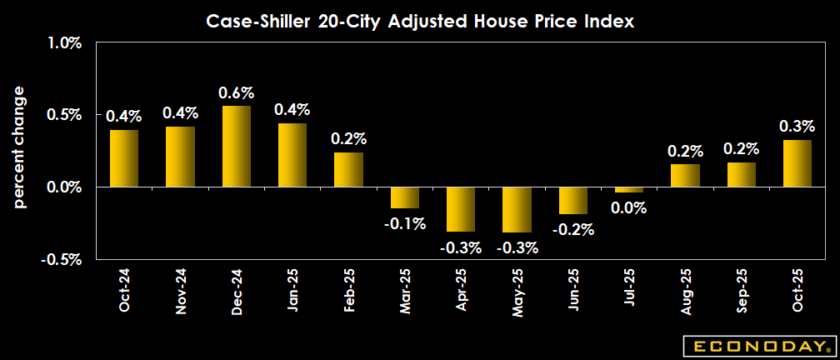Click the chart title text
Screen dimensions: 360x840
click(x=421, y=22)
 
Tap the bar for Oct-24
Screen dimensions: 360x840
click(x=122, y=158)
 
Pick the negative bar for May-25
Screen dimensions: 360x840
click(x=516, y=209)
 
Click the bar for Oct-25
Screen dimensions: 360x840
click(x=797, y=163)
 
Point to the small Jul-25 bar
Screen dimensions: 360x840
click(x=628, y=190)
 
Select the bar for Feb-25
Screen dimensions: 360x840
click(x=347, y=170)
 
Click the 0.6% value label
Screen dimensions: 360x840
click(x=236, y=92)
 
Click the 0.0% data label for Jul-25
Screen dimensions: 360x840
click(x=628, y=207)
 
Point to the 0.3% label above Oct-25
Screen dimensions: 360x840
click(x=797, y=127)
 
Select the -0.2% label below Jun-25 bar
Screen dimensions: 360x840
click(x=572, y=229)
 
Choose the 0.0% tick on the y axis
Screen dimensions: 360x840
click(x=63, y=187)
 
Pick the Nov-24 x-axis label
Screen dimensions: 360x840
click(x=179, y=291)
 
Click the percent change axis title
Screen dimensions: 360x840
click(x=20, y=146)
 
